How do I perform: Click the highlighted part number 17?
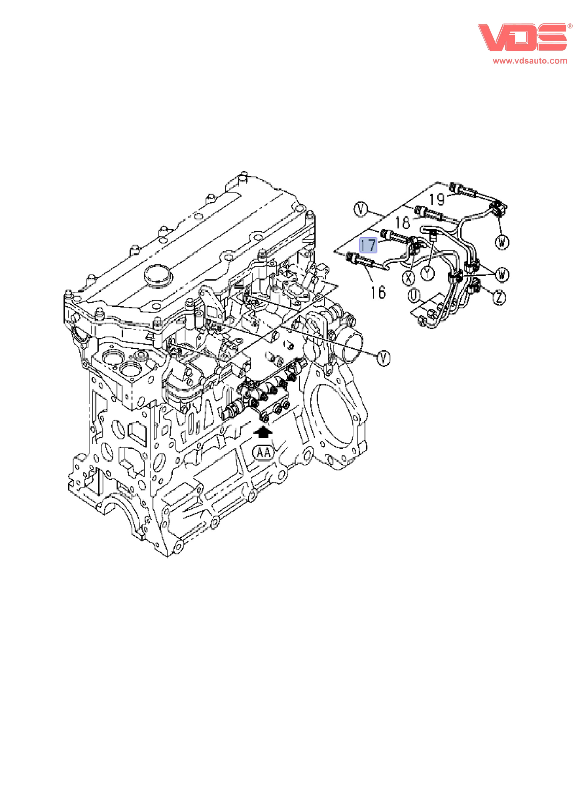368,245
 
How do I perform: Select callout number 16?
378,292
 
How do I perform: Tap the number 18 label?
402,222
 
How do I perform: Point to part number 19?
437,199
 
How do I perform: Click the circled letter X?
409,278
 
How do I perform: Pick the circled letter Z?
499,297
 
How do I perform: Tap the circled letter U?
415,295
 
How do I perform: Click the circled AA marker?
263,453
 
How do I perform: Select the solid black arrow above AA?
263,432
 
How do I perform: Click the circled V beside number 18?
360,209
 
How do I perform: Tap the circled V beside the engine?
384,358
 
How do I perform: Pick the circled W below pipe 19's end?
502,242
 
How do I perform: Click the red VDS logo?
522,37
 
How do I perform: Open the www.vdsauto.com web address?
530,61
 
